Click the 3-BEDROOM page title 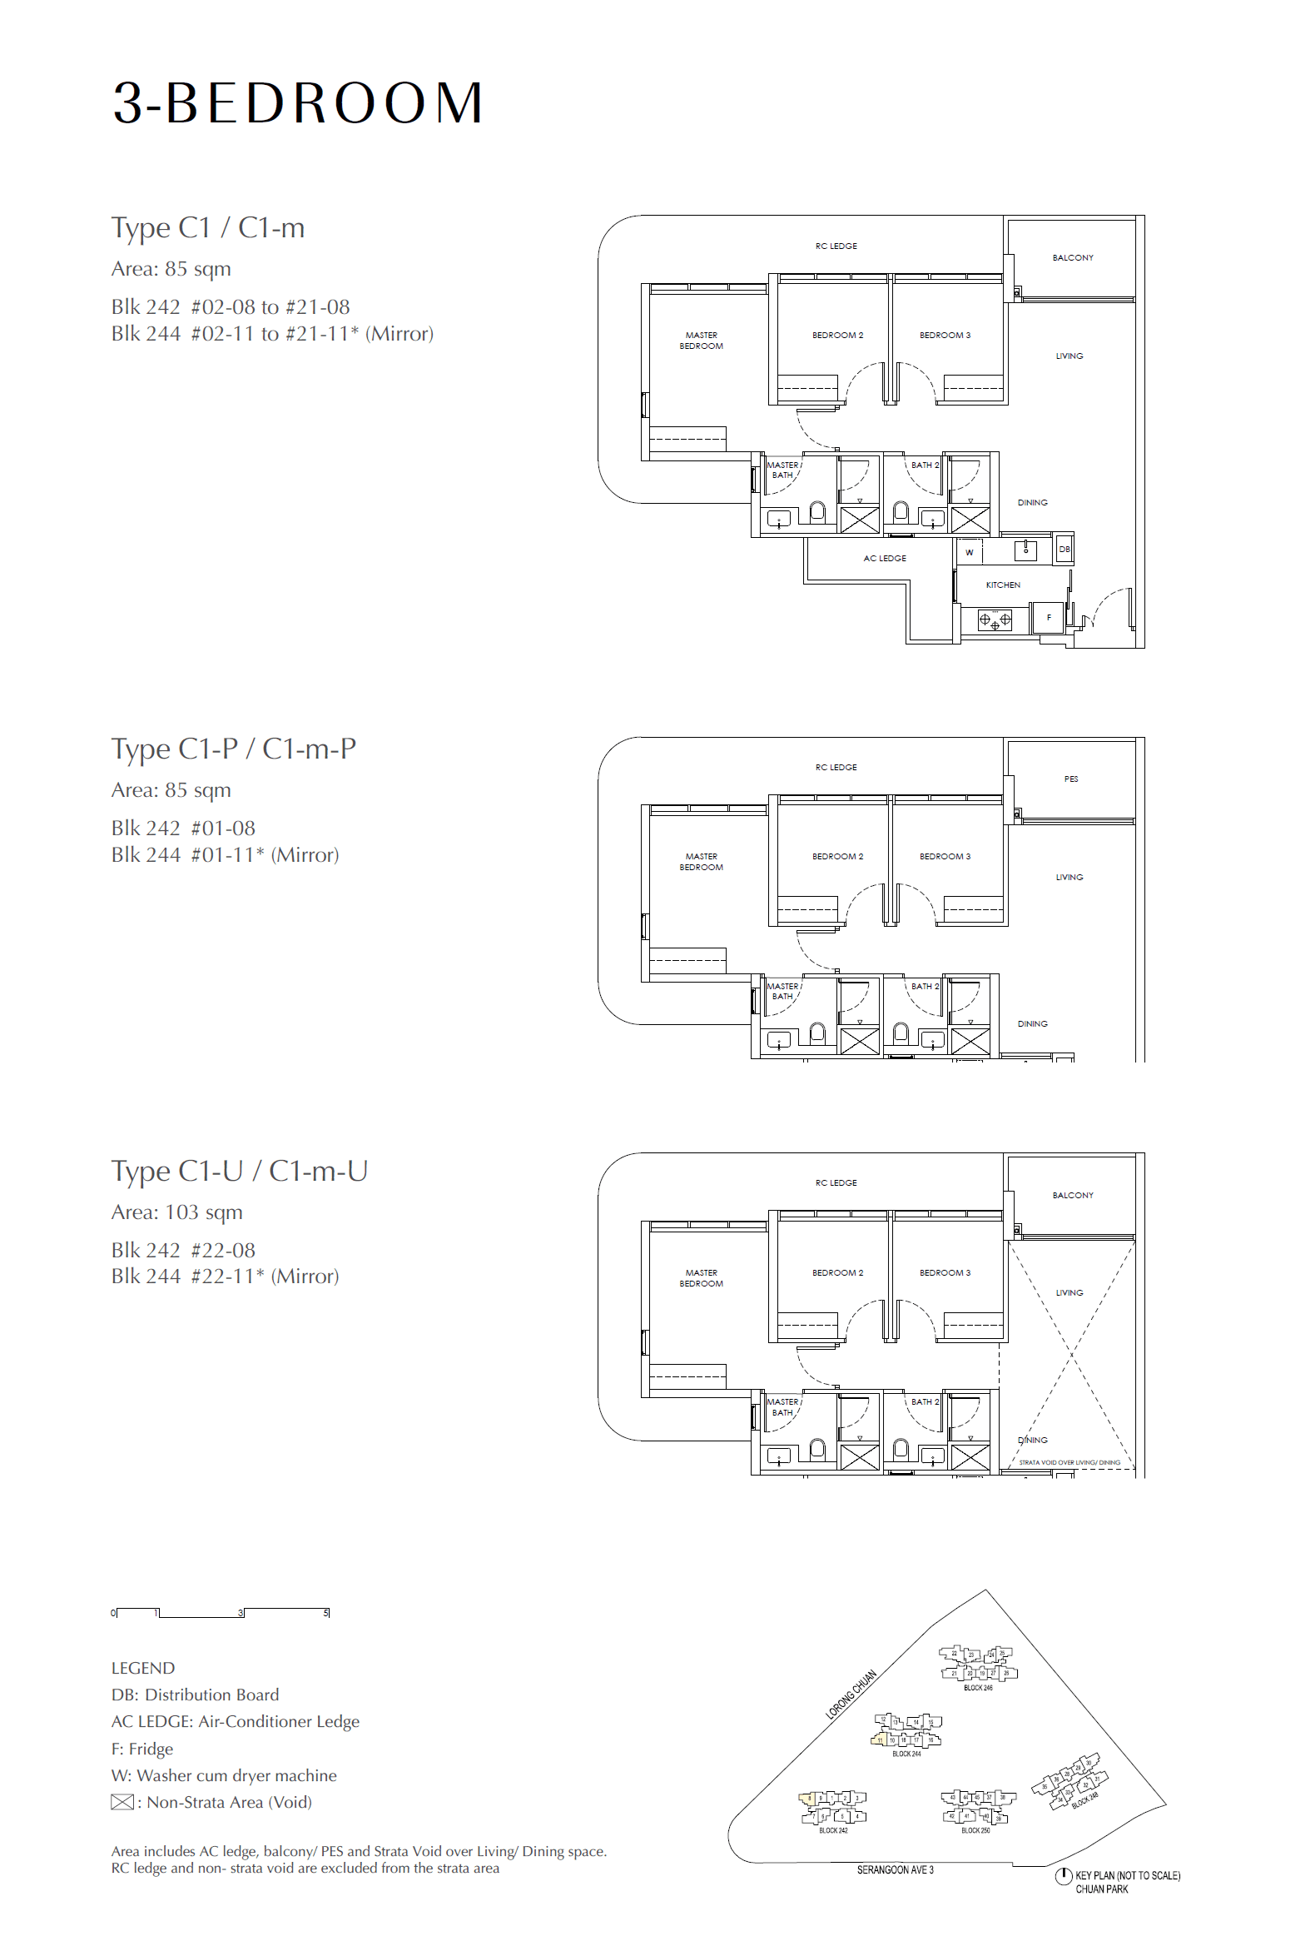pos(297,103)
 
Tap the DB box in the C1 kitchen pos(1064,549)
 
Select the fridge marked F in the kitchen pos(1048,617)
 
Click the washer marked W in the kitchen pos(969,552)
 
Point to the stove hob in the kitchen pos(995,620)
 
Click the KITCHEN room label pos(1003,585)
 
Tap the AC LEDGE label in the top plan pos(885,558)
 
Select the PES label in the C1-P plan pos(1071,779)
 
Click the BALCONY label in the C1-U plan pos(1073,1195)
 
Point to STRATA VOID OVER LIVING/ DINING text pos(1069,1462)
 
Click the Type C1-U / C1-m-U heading pos(239,1171)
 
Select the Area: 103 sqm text pos(176,1212)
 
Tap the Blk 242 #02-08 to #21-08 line pos(230,306)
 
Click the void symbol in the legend pos(122,1802)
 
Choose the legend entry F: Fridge pos(141,1749)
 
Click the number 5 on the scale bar pos(325,1613)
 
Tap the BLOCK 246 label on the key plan pos(978,1688)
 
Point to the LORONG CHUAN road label pos(851,1695)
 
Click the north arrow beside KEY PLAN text pos(1063,1876)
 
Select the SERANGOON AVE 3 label pos(896,1870)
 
